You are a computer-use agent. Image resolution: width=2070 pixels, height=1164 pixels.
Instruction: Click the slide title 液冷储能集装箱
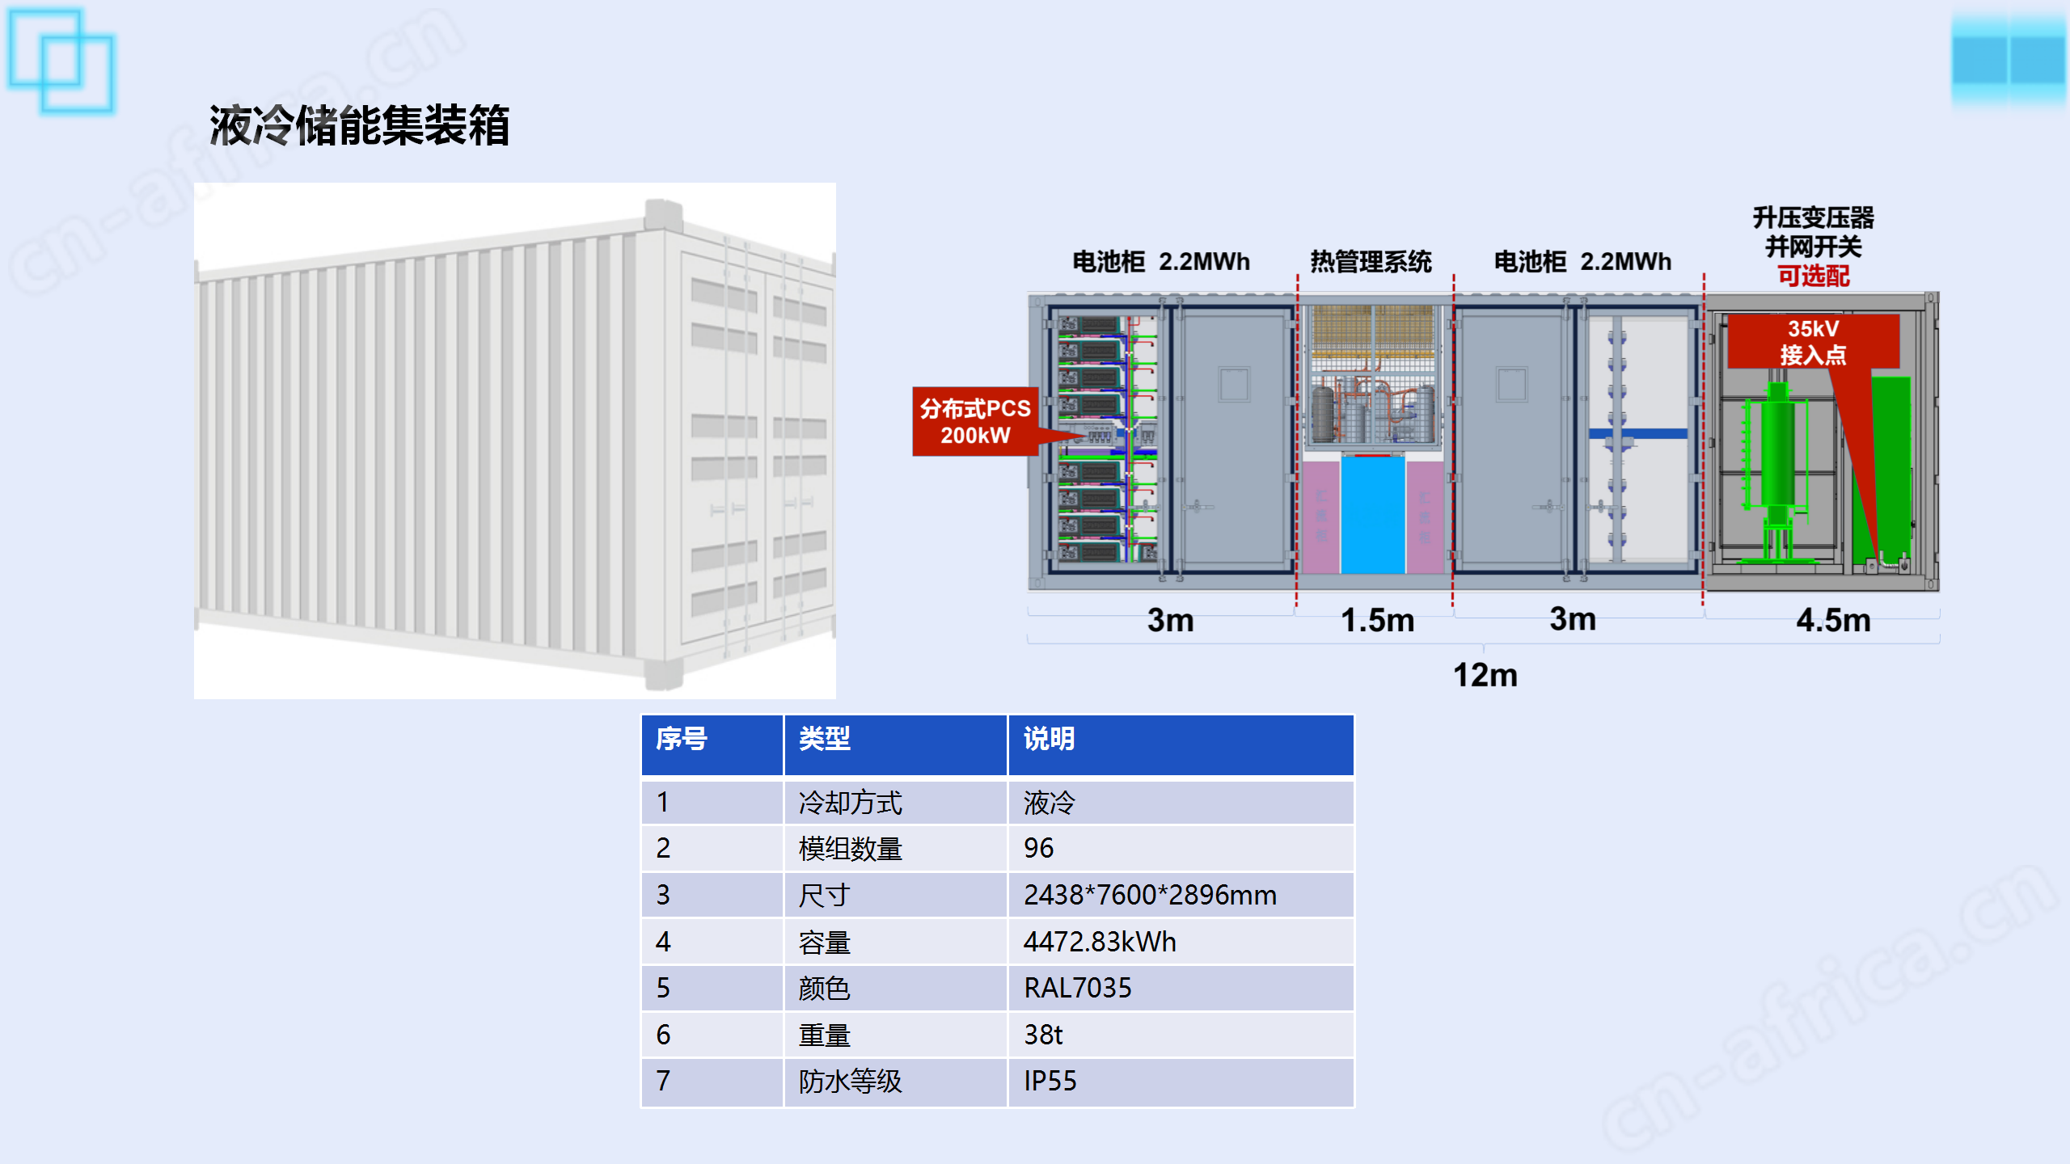pos(359,125)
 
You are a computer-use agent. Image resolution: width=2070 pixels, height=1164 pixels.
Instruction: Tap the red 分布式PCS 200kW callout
pos(975,421)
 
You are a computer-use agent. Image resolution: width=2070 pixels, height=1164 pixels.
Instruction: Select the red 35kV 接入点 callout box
pos(1813,341)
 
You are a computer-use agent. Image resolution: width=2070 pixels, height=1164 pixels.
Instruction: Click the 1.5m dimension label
pos(1377,620)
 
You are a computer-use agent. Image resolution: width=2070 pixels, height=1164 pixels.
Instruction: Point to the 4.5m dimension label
pos(1833,620)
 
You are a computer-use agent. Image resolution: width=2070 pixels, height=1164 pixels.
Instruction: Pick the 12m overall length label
pos(1485,675)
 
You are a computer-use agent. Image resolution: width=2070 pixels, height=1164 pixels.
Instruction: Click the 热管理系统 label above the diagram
pos(1371,261)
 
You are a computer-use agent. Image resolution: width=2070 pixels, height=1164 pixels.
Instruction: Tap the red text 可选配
pos(1813,276)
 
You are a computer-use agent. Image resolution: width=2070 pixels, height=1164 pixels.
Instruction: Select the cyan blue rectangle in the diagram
pos(1372,515)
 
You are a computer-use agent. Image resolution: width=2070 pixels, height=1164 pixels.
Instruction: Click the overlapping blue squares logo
pos(61,61)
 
